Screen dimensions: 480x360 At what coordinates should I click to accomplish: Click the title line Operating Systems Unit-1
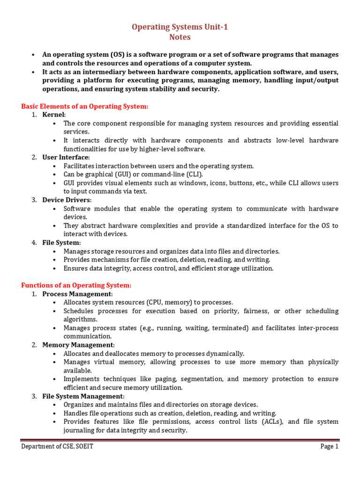(x=180, y=27)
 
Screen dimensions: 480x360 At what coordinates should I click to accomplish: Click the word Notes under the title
(x=180, y=37)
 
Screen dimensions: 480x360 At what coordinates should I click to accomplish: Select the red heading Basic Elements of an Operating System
(x=84, y=106)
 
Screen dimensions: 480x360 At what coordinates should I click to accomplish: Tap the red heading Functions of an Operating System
(x=76, y=285)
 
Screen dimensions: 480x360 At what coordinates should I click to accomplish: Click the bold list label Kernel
(x=53, y=115)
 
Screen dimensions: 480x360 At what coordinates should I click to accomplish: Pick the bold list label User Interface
(x=65, y=157)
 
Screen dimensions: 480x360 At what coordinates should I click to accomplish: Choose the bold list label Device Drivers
(x=66, y=200)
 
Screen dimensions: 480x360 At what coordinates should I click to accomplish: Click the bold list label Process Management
(x=77, y=293)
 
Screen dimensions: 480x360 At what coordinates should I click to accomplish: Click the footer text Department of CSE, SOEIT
(x=57, y=447)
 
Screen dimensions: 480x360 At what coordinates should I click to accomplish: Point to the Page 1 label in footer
(x=329, y=447)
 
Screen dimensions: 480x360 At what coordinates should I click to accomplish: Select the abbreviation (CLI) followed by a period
(x=193, y=174)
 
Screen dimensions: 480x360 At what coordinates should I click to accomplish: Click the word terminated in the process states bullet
(x=230, y=328)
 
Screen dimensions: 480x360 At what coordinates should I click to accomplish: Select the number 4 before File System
(x=34, y=242)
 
